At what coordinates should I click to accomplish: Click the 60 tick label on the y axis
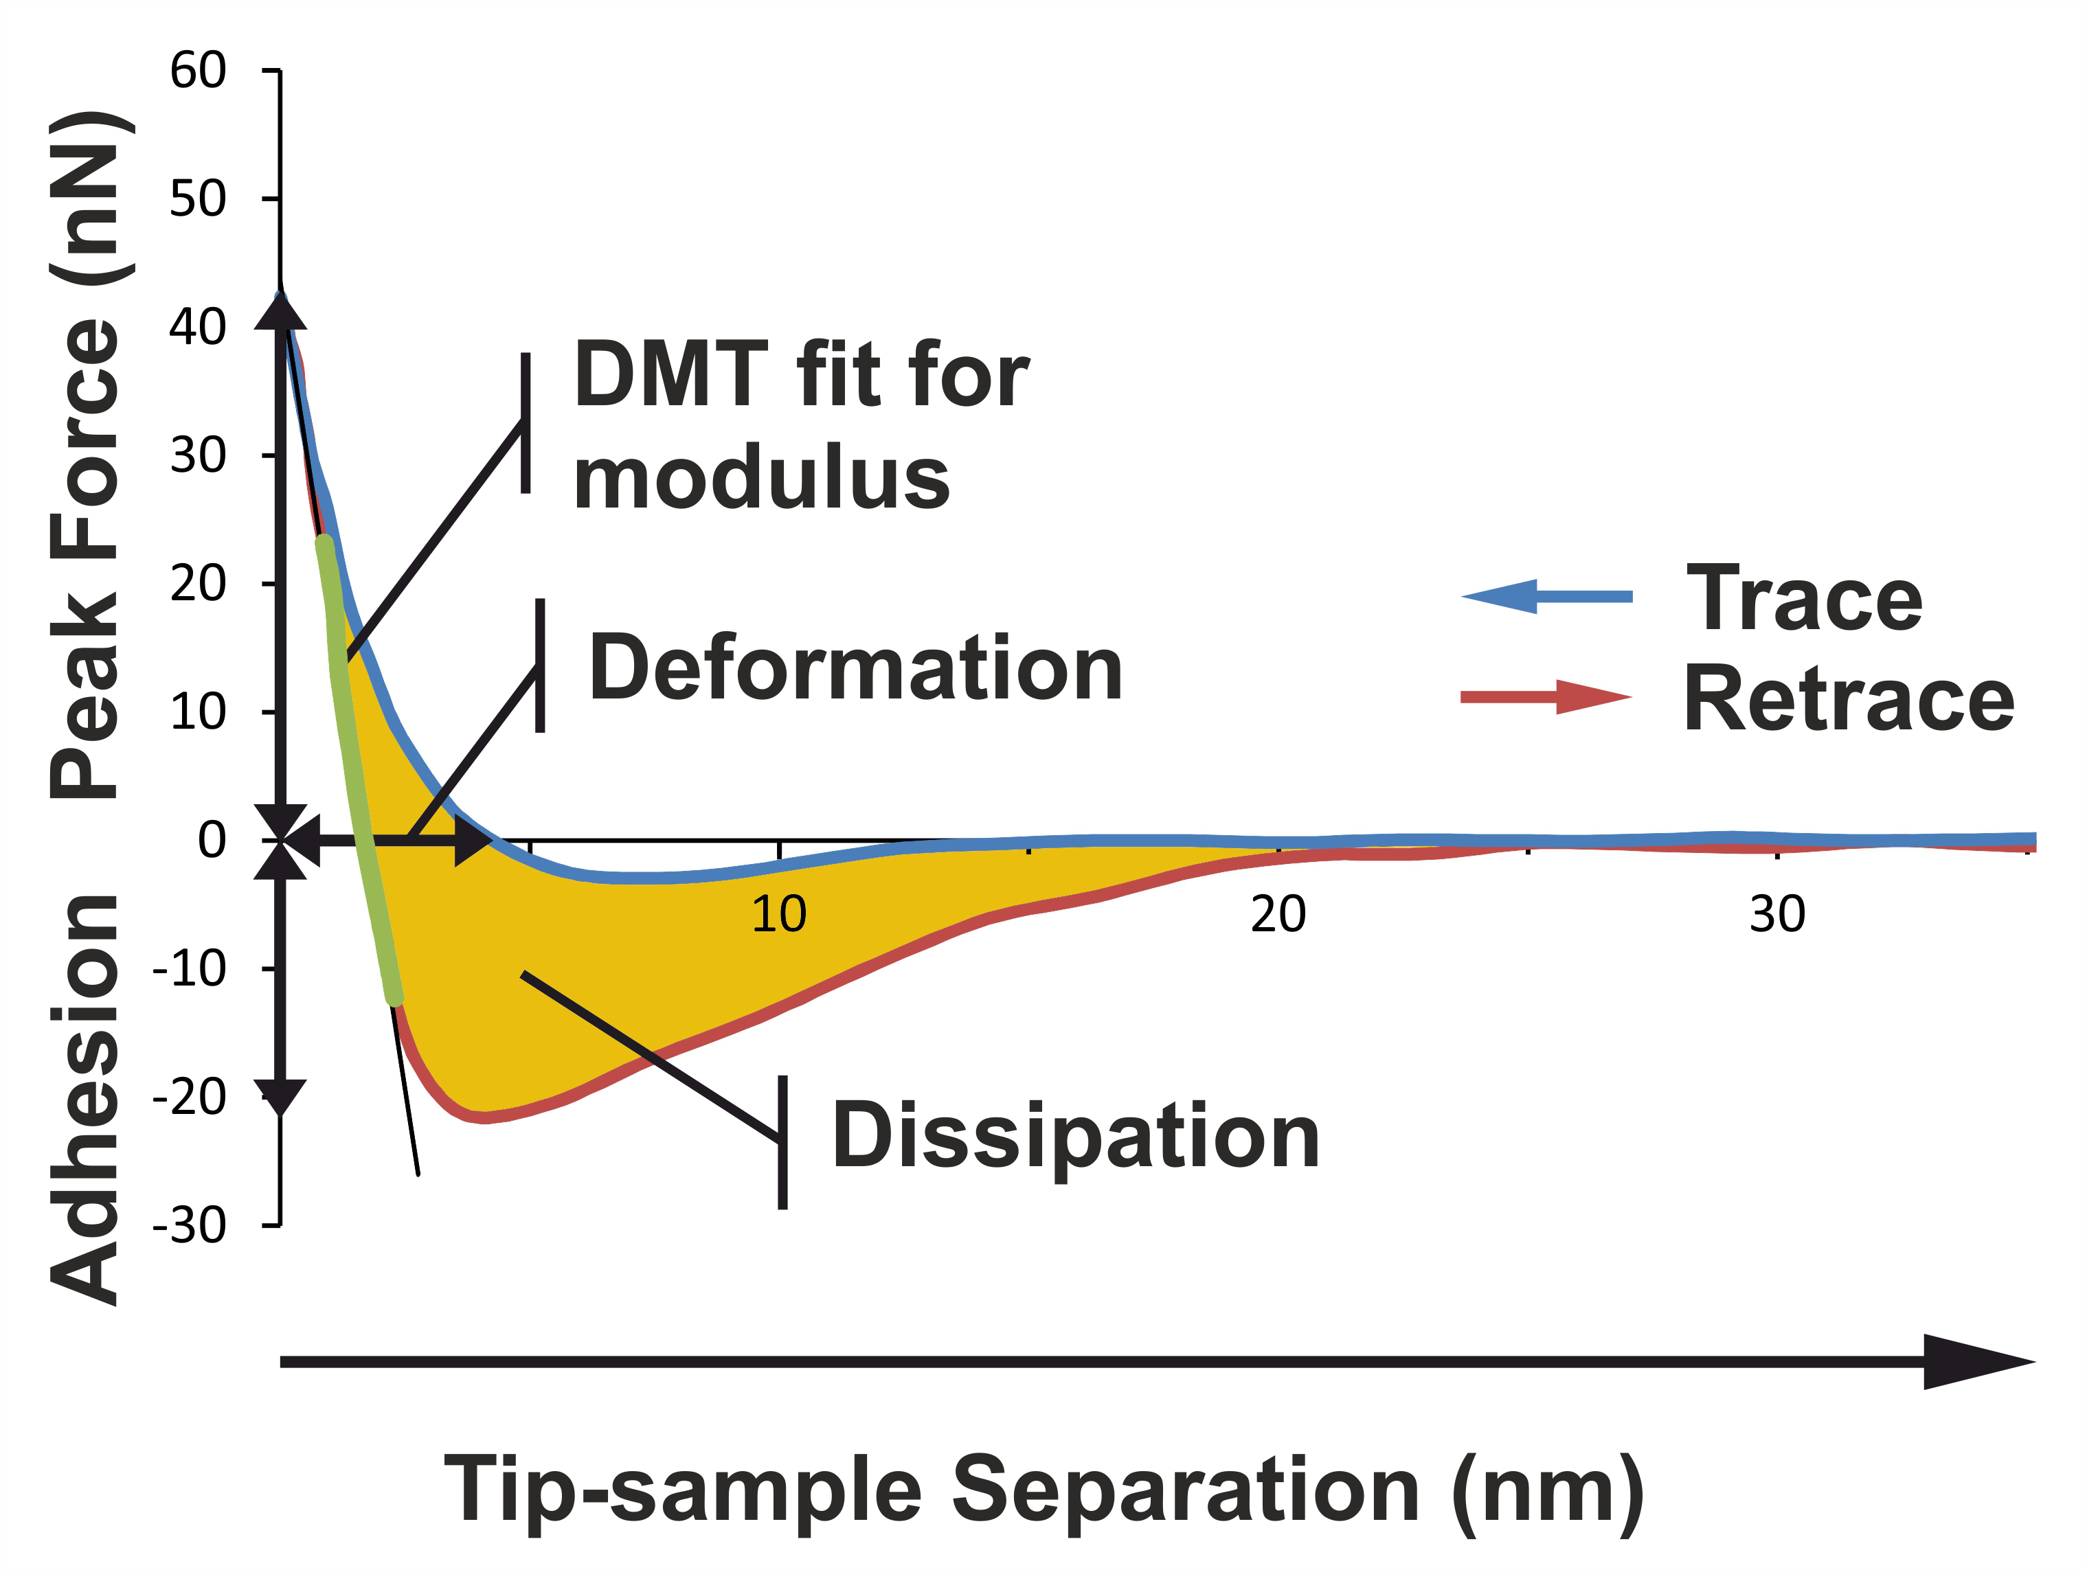tap(198, 71)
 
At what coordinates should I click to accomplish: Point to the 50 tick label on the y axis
tap(198, 199)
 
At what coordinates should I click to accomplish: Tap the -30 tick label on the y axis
tap(190, 1226)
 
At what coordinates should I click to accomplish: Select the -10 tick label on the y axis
tap(190, 969)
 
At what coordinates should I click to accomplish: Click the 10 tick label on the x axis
tap(778, 914)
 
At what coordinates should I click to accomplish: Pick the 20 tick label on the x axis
tap(1278, 914)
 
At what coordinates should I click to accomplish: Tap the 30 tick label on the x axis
tap(1778, 914)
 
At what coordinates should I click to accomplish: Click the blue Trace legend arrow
tap(1546, 596)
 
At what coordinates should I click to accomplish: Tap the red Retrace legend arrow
tap(1546, 697)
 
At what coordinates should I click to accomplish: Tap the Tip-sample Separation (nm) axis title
tap(1044, 1491)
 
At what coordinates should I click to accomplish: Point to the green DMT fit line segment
tap(361, 769)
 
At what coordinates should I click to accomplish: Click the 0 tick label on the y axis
tap(212, 841)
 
